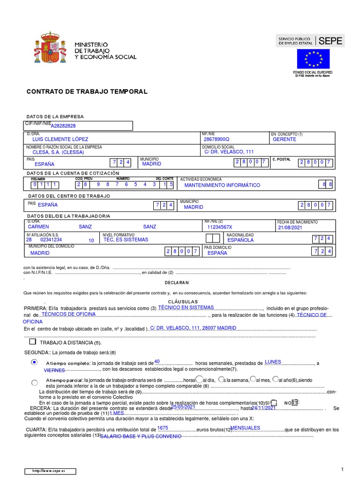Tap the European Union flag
click(x=313, y=59)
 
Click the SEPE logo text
click(x=330, y=41)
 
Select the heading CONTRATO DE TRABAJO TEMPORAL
click(x=87, y=92)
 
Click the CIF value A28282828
click(x=63, y=126)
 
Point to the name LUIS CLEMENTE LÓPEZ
click(x=60, y=139)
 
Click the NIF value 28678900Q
click(x=216, y=139)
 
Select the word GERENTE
click(x=284, y=139)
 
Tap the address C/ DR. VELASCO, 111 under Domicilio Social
click(x=228, y=152)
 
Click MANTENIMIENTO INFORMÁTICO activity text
click(x=222, y=185)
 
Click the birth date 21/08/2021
click(x=291, y=227)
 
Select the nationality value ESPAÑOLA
click(x=240, y=240)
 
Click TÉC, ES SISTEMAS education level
click(x=126, y=240)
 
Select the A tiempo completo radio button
click(x=34, y=363)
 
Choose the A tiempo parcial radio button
click(x=34, y=382)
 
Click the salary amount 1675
click(x=163, y=428)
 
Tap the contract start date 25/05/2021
click(x=183, y=407)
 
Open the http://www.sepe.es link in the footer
click(x=49, y=471)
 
